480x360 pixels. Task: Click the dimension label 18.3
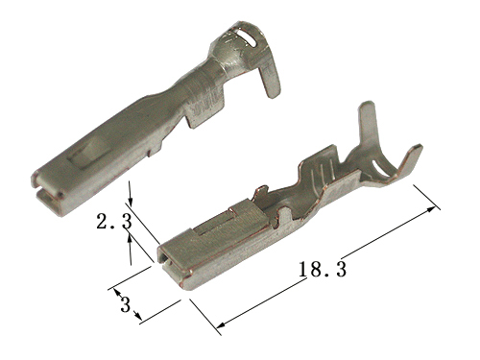click(323, 270)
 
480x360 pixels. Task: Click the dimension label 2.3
click(114, 222)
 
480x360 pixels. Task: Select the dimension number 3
click(125, 304)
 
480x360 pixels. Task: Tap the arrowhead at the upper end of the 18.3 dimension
click(431, 209)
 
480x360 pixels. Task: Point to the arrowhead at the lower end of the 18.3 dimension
click(222, 324)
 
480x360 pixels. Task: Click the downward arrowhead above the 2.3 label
click(131, 201)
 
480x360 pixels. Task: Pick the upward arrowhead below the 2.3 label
click(130, 239)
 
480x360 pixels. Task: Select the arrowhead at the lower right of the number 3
click(137, 315)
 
